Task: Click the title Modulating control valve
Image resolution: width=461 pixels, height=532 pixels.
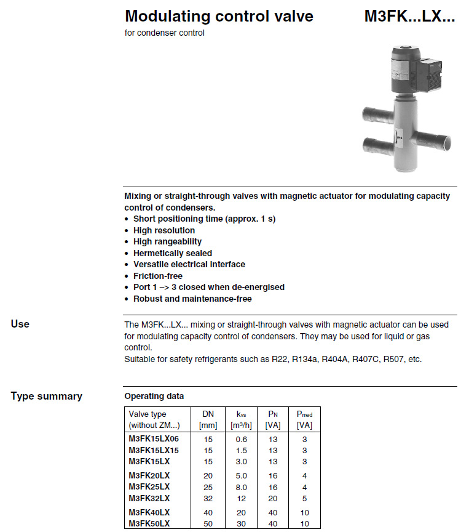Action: (x=219, y=16)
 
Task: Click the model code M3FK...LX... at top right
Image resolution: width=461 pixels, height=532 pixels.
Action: (x=409, y=16)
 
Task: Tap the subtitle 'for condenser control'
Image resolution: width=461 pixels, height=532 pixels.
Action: (x=164, y=33)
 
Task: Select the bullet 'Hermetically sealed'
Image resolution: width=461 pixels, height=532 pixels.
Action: (x=172, y=253)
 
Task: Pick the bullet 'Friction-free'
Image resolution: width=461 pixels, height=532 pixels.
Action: (x=157, y=276)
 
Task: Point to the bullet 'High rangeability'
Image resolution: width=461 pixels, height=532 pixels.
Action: (x=167, y=241)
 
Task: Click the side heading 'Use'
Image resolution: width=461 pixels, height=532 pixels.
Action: (x=20, y=324)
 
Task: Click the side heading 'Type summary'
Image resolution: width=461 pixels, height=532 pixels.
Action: (x=46, y=396)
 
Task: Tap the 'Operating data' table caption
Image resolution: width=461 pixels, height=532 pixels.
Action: (x=154, y=396)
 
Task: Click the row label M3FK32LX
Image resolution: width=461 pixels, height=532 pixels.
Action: (x=149, y=498)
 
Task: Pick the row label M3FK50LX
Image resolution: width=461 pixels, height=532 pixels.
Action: (x=149, y=523)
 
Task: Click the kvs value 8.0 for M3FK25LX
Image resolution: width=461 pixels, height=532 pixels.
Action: (x=241, y=486)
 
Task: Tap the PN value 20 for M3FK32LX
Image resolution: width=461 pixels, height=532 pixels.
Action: (x=272, y=498)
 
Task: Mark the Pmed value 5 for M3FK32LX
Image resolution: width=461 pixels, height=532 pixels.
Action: (x=304, y=498)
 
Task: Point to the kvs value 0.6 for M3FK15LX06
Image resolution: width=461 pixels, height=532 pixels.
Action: (x=241, y=438)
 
